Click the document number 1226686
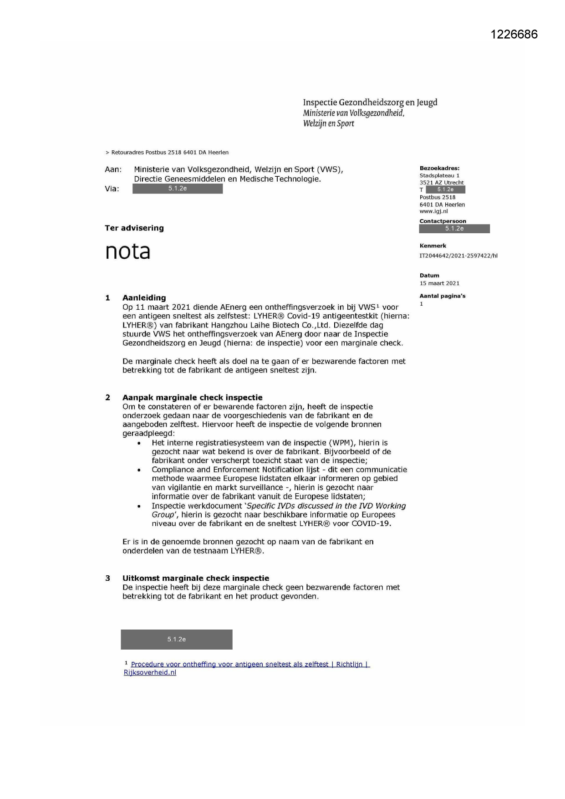[514, 35]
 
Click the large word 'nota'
[127, 251]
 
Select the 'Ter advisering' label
[134, 228]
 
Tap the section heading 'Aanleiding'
[144, 298]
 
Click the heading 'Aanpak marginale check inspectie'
[192, 398]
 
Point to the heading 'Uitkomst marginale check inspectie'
[195, 579]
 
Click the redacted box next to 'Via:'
[178, 189]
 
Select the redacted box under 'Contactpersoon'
[454, 229]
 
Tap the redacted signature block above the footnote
[176, 640]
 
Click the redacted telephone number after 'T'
[445, 190]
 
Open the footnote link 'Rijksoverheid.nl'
[150, 673]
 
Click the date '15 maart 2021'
[439, 283]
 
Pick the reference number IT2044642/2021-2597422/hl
[458, 256]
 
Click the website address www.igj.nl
[433, 211]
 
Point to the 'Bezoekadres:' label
[439, 168]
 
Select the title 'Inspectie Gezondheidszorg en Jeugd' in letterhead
[370, 102]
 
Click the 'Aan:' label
[113, 169]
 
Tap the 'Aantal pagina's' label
[442, 296]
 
